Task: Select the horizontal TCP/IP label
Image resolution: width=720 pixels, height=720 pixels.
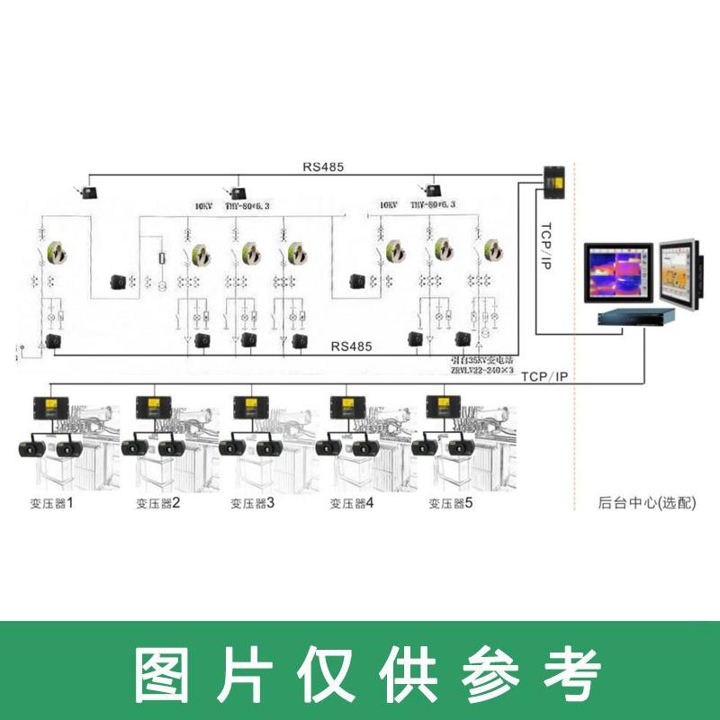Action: tap(545, 377)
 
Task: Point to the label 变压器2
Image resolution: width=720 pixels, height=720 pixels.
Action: tap(157, 502)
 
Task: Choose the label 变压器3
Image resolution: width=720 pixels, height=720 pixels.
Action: tap(252, 502)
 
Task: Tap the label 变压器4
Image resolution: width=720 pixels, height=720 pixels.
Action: tap(351, 502)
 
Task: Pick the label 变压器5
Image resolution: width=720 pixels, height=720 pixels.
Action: tap(449, 502)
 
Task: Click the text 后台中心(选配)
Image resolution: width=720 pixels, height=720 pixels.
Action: tap(647, 502)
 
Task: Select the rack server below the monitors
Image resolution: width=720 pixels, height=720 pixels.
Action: tap(636, 316)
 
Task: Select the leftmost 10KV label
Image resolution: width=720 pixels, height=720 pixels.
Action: tap(206, 205)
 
